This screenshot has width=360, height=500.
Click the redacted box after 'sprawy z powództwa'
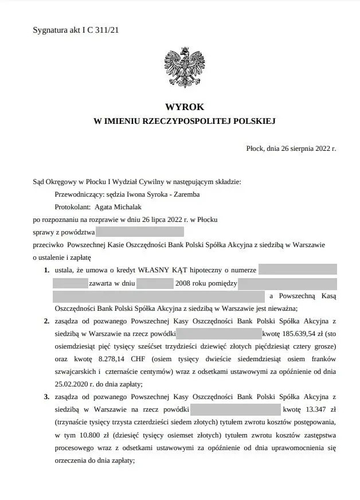click(x=140, y=232)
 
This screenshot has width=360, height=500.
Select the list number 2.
click(x=46, y=321)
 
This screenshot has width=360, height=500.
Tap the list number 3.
click(x=46, y=397)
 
